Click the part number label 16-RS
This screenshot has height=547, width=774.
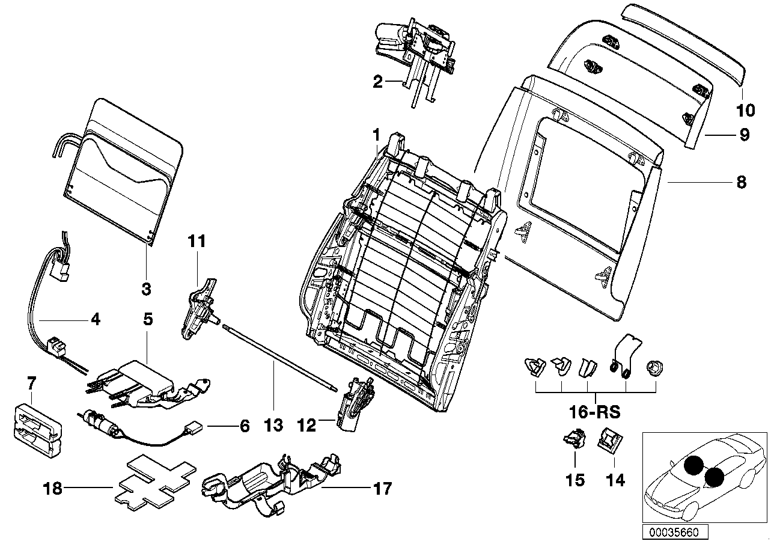(595, 414)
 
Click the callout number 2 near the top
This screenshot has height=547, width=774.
(377, 82)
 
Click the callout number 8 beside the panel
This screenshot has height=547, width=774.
(741, 182)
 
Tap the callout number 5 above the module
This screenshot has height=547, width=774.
(147, 319)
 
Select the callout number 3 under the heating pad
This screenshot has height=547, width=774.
(146, 289)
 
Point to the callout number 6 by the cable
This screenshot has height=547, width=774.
(244, 426)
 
